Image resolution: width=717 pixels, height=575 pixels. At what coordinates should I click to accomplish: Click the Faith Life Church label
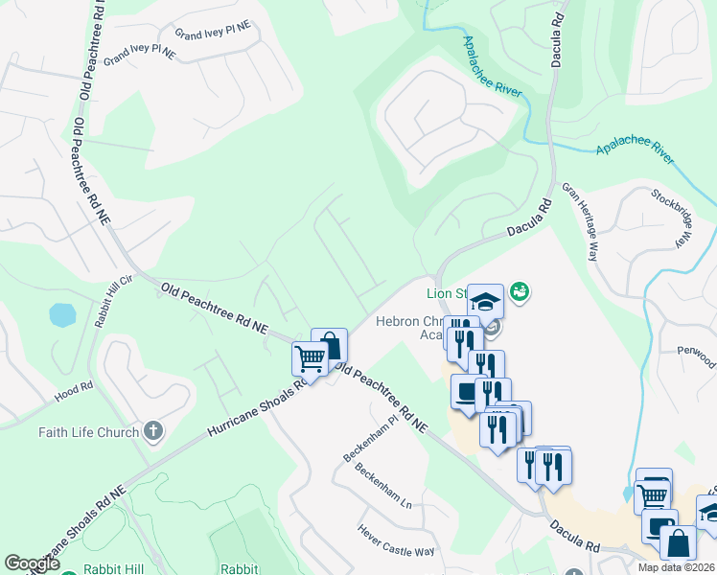coord(88,432)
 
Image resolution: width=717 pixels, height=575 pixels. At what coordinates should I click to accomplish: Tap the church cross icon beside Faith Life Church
coord(153,431)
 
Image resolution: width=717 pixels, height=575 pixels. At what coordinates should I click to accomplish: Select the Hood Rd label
coord(73,387)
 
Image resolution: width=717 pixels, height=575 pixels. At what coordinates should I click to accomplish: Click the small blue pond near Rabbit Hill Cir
coord(61,314)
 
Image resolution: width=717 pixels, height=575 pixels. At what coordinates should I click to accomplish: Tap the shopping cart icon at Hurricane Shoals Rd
coord(310,359)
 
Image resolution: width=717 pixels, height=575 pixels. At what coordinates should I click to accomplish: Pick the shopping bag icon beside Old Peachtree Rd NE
coord(329,345)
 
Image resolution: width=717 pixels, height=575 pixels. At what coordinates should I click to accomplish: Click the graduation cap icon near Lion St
coord(485,301)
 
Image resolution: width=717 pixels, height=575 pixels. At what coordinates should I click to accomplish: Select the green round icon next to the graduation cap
coord(520,290)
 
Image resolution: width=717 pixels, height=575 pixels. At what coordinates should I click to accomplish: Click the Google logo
coord(32,563)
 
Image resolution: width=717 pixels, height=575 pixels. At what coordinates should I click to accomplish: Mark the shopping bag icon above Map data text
coord(678,543)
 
